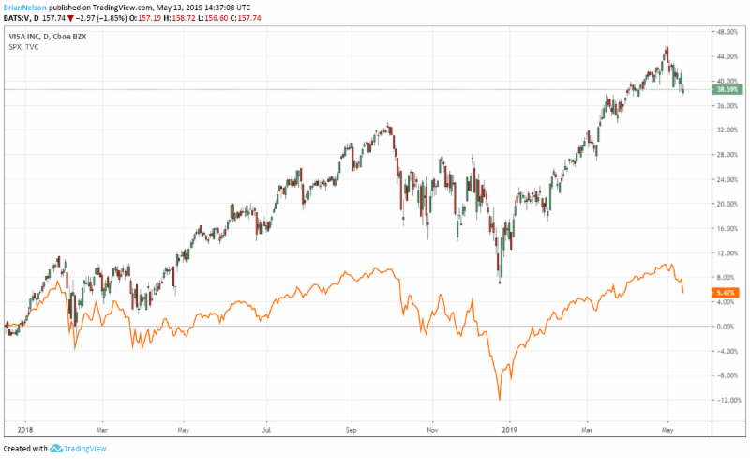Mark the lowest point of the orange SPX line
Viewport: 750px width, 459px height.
(x=500, y=401)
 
